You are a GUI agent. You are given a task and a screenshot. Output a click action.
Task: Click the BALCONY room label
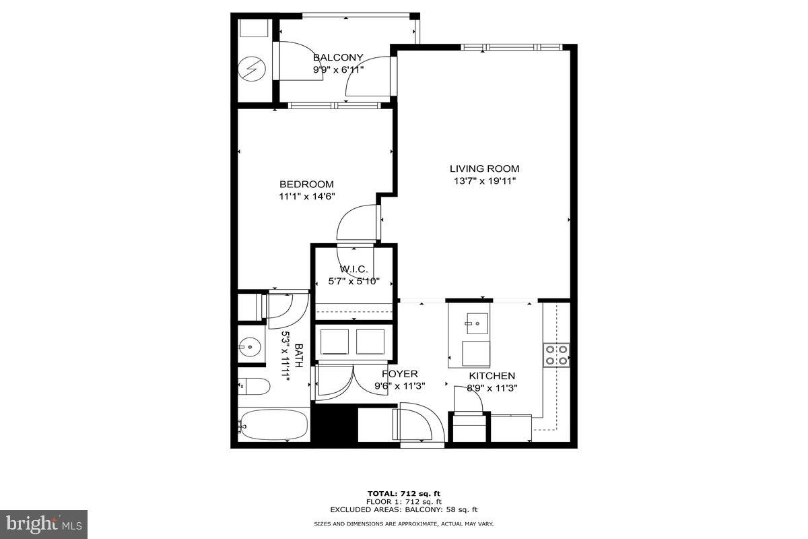(x=338, y=58)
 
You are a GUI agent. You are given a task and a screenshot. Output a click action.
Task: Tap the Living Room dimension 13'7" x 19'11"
(x=485, y=181)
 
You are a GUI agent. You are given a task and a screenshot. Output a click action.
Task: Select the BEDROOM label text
(x=306, y=184)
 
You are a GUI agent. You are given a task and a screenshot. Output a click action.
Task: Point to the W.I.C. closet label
(x=352, y=269)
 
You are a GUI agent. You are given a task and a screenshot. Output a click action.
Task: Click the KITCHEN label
(x=492, y=376)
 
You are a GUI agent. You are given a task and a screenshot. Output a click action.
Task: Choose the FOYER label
(x=400, y=374)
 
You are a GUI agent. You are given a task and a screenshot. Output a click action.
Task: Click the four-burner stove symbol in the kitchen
(x=556, y=354)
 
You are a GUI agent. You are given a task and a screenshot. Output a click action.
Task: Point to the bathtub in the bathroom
(x=273, y=424)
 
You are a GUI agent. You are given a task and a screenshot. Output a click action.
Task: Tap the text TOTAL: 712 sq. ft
(x=404, y=493)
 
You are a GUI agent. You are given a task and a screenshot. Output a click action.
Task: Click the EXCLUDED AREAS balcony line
(x=404, y=509)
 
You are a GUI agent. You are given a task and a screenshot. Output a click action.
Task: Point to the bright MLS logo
(x=44, y=524)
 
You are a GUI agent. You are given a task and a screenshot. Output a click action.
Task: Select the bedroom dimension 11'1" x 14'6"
(x=306, y=196)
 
